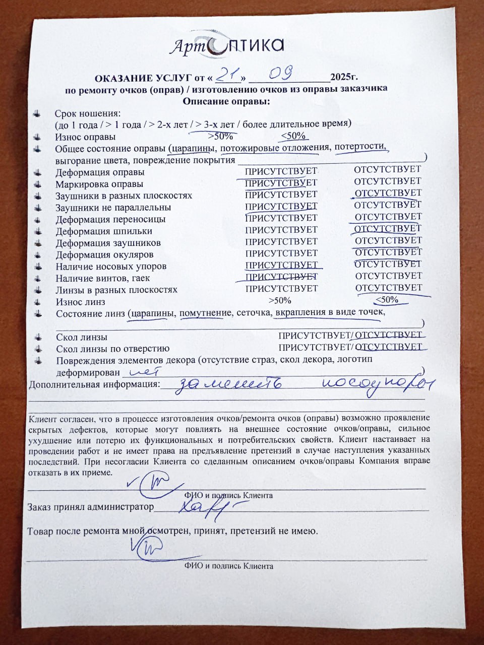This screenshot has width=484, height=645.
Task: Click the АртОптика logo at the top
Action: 226,46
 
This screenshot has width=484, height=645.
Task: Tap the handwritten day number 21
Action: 227,75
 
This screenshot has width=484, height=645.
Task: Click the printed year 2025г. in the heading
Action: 344,77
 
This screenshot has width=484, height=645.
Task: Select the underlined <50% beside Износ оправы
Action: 293,136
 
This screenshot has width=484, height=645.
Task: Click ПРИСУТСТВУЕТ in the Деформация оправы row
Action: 281,171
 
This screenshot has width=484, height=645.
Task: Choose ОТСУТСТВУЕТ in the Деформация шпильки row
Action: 388,229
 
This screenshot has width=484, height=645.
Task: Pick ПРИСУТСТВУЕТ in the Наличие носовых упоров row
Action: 281,265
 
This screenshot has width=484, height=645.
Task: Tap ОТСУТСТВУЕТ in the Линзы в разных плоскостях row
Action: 388,288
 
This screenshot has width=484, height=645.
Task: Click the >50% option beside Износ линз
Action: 280,301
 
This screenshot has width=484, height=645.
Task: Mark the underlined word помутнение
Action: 205,313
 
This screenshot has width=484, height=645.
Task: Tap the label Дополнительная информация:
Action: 94,384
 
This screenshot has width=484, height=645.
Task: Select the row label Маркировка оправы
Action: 99,184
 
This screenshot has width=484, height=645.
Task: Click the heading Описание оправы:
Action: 226,101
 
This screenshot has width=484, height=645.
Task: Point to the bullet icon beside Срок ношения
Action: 36,114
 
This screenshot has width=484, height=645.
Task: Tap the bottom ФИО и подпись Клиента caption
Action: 228,566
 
